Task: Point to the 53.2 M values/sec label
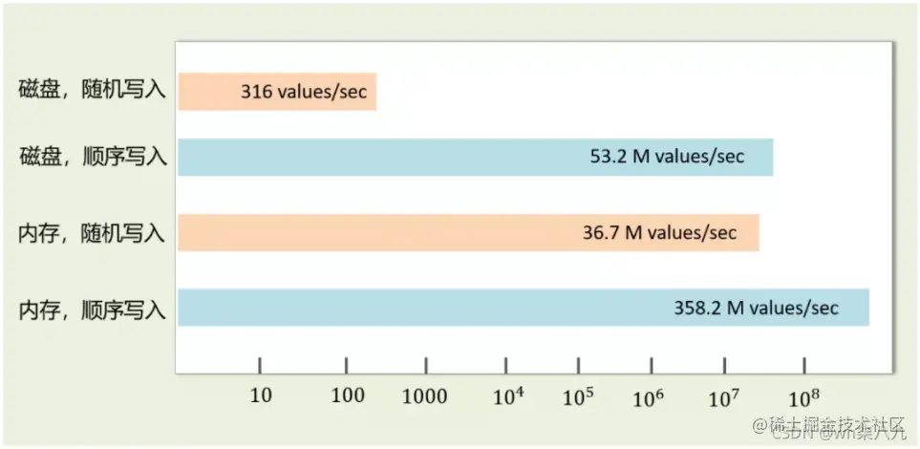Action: pyautogui.click(x=667, y=157)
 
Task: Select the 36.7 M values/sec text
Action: pyautogui.click(x=659, y=232)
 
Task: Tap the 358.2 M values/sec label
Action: pyautogui.click(x=756, y=307)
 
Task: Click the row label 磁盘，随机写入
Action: pyautogui.click(x=93, y=92)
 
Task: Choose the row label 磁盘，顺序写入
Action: pyautogui.click(x=93, y=157)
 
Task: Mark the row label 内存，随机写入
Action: pyautogui.click(x=93, y=232)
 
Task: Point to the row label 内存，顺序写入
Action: pyautogui.click(x=93, y=308)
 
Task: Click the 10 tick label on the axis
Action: pyautogui.click(x=261, y=396)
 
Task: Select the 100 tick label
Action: pyautogui.click(x=347, y=396)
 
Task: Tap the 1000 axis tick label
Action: pyautogui.click(x=426, y=396)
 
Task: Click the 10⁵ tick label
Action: pyautogui.click(x=579, y=396)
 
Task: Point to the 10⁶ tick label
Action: pyautogui.click(x=651, y=396)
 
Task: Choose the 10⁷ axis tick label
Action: pyautogui.click(x=724, y=396)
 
